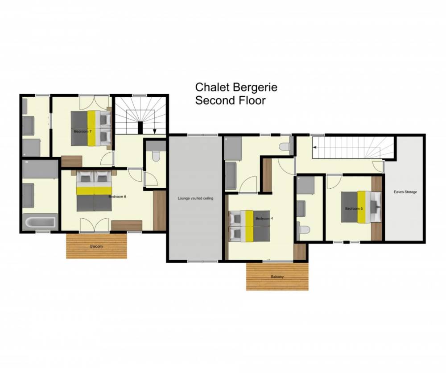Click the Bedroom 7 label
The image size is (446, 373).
pyautogui.click(x=83, y=132)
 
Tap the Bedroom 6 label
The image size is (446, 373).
pyautogui.click(x=117, y=197)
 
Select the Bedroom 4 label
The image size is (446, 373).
pyautogui.click(x=264, y=219)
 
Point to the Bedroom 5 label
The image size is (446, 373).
pyautogui.click(x=354, y=208)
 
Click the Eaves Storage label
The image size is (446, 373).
pyautogui.click(x=405, y=192)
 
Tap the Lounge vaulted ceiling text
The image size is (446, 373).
pyautogui.click(x=195, y=198)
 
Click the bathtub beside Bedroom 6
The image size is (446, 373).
pyautogui.click(x=40, y=221)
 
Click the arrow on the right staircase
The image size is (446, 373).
pyautogui.click(x=315, y=147)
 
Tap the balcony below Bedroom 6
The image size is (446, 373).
pyautogui.click(x=96, y=246)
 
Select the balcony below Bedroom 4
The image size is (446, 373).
pyautogui.click(x=277, y=276)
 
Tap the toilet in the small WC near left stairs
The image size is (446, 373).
pyautogui.click(x=156, y=156)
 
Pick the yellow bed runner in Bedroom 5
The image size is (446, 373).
pyautogui.click(x=362, y=207)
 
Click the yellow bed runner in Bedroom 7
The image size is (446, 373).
pyautogui.click(x=91, y=128)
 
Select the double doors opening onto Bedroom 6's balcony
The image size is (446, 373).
pyautogui.click(x=95, y=225)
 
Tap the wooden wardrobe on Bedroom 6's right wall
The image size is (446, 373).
pyautogui.click(x=160, y=211)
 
